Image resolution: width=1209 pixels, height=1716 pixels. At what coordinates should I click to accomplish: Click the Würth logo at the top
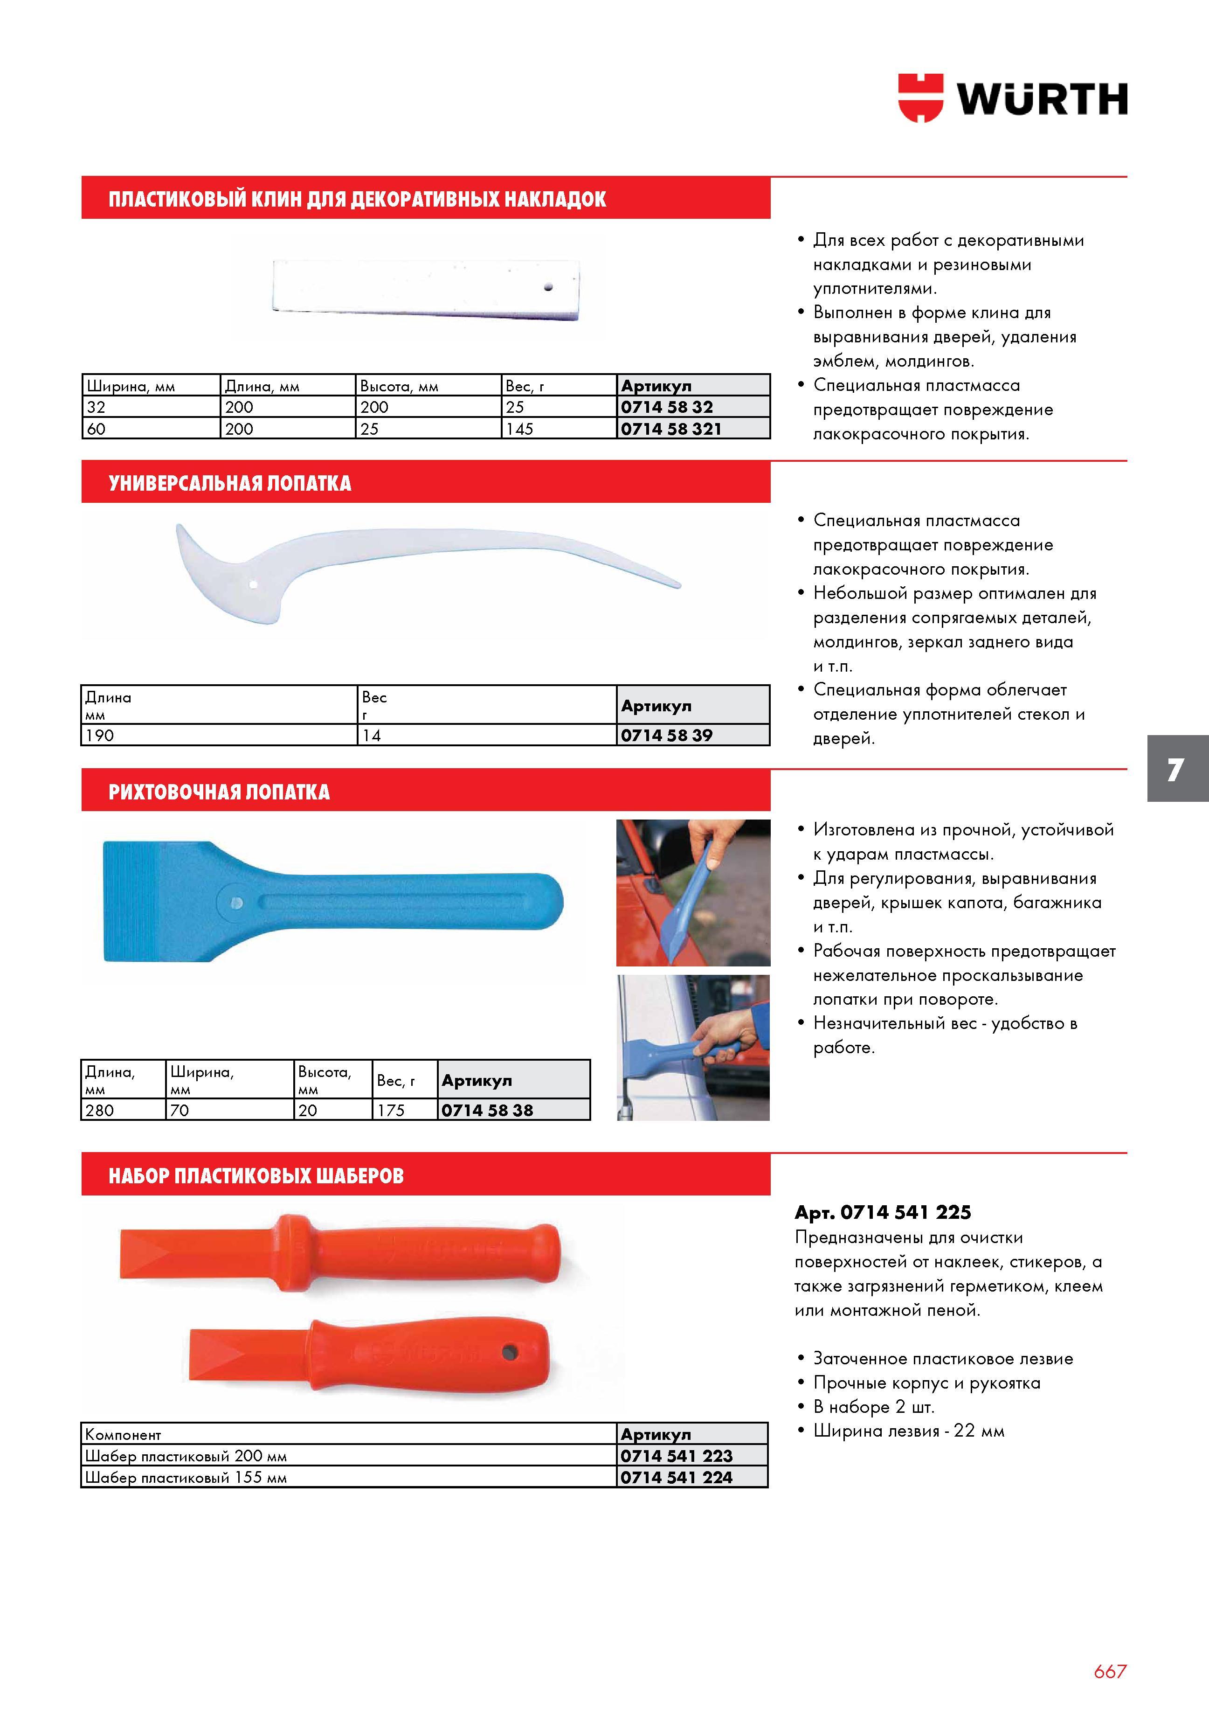1013,98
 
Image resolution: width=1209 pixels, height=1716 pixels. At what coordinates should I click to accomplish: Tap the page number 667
1110,1671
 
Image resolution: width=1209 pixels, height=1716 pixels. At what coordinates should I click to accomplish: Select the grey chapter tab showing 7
1178,768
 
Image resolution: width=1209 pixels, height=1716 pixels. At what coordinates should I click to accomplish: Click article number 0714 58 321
671,429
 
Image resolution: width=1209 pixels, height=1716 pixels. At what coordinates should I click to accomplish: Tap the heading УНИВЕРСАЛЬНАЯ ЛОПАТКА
230,484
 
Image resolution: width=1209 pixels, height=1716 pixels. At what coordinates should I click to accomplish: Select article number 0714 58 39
667,736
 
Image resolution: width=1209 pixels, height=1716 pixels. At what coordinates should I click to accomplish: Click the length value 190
99,736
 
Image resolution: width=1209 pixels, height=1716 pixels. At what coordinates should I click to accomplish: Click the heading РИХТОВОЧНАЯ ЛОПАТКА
219,792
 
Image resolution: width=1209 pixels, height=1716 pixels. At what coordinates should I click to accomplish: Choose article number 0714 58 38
487,1111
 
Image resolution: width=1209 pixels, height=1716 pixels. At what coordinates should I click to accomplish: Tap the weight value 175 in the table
391,1111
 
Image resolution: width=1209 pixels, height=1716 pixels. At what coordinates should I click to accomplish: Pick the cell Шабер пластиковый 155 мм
186,1478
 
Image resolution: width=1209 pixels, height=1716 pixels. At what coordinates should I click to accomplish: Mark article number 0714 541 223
676,1456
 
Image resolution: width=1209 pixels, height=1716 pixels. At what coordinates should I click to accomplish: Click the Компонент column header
123,1434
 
